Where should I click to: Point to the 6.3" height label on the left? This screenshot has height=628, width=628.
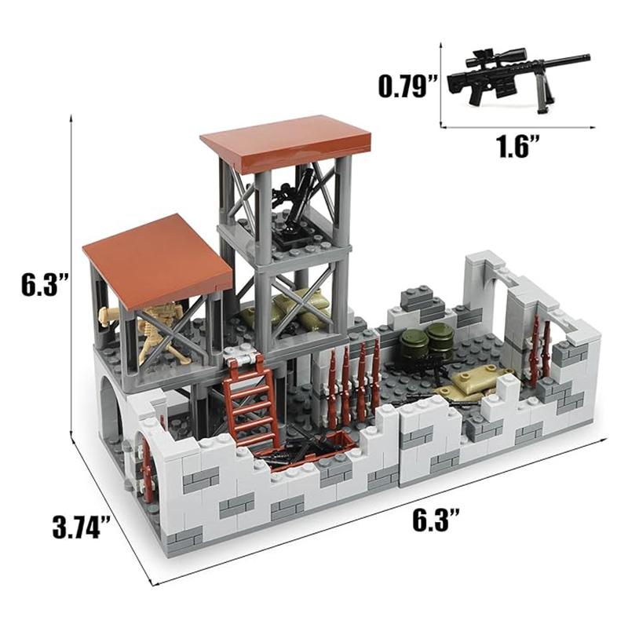click(x=41, y=285)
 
